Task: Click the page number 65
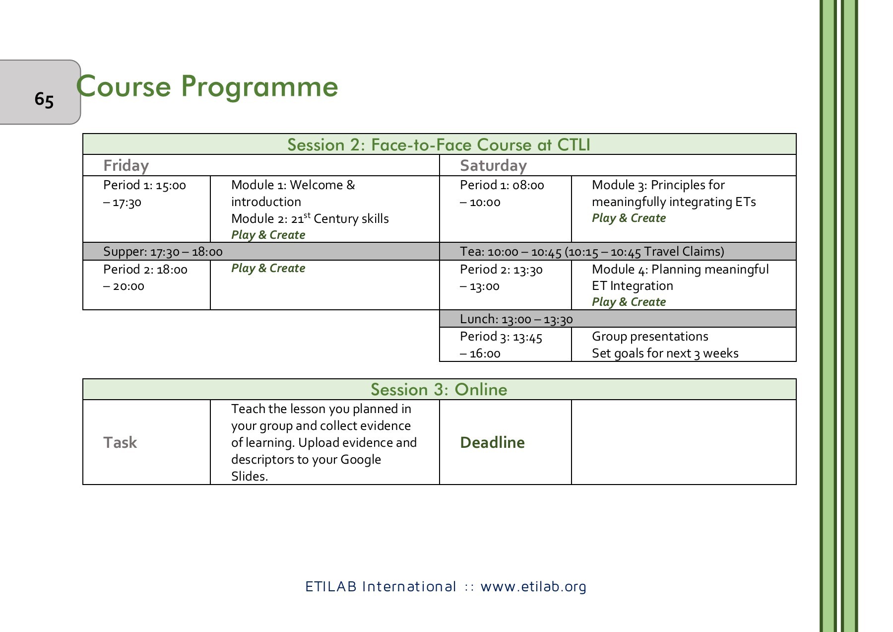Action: point(44,99)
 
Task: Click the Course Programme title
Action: point(207,86)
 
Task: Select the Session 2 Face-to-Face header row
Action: point(439,144)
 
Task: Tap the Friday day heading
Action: point(126,165)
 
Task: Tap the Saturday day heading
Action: point(493,165)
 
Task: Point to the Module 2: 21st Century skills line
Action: point(310,218)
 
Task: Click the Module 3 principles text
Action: point(673,194)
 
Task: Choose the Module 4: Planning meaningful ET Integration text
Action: point(680,278)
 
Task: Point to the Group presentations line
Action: point(650,337)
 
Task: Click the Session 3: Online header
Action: point(439,389)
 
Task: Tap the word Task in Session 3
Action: point(120,442)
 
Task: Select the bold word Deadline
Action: point(492,442)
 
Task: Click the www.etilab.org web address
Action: point(533,587)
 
